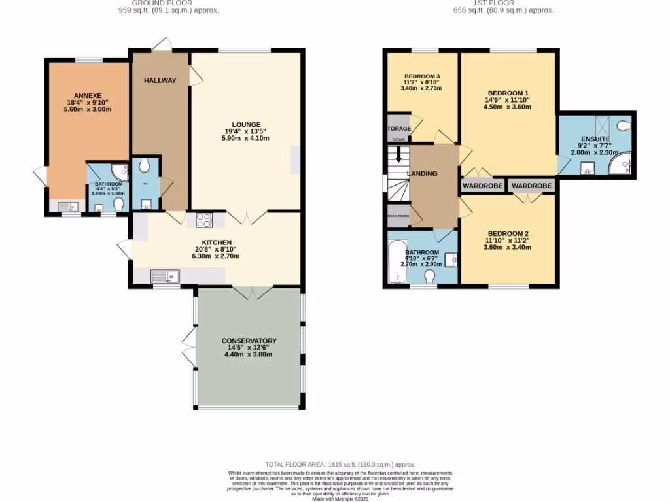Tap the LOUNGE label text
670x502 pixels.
[247, 124]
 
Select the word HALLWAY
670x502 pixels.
[160, 80]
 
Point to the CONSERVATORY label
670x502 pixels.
[249, 341]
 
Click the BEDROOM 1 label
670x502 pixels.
[507, 92]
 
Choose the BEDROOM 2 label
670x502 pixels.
[507, 233]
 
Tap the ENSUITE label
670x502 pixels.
[595, 139]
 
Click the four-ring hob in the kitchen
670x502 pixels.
[203, 220]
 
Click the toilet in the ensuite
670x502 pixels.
[624, 125]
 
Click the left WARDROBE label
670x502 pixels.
[484, 186]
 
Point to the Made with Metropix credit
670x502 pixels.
[334, 499]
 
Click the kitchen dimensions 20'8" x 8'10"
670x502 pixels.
[216, 249]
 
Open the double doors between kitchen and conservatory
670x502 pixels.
[249, 293]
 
